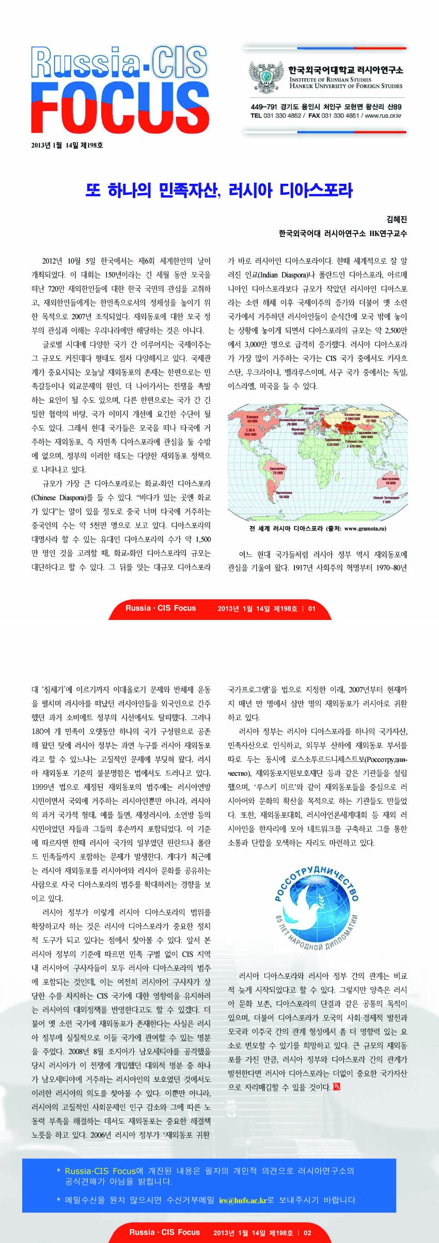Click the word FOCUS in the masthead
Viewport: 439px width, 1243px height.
pos(120,107)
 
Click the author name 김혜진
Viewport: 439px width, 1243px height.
pos(397,219)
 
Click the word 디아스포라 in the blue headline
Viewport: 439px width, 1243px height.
pos(316,190)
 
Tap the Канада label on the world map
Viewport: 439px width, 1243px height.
pos(252,417)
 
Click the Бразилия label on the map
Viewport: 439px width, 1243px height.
pos(278,468)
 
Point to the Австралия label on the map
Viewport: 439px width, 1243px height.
pos(390,479)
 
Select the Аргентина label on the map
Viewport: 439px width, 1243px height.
pos(284,493)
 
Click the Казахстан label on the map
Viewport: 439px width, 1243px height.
pos(352,415)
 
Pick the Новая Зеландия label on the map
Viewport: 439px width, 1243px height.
pos(386,498)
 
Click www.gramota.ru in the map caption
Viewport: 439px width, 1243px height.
pos(365,528)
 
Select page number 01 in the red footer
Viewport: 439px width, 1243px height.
pos(311,608)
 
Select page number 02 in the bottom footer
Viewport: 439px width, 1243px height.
pos(307,1232)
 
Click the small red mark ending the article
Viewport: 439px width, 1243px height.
pos(336,1087)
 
